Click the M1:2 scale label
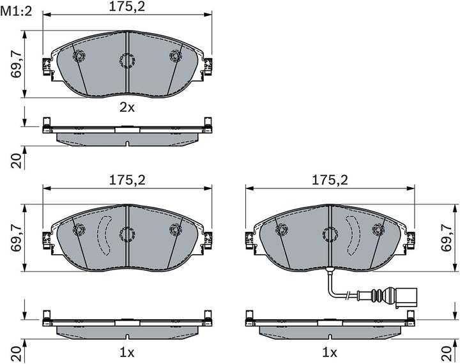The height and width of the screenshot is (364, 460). coord(16,11)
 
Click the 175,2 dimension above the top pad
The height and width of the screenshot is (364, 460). coord(127,7)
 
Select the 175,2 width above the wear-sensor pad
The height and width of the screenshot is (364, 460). coord(330,180)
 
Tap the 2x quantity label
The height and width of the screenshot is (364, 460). coord(127,108)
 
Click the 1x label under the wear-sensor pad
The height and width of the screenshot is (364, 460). coord(330,353)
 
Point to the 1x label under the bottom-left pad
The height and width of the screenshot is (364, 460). coord(127,353)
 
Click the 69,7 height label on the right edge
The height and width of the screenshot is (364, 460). coord(447,238)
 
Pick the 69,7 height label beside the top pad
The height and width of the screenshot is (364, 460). coord(17,64)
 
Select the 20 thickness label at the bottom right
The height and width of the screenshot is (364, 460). coord(447,353)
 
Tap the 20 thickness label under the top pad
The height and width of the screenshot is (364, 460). coord(17,160)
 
